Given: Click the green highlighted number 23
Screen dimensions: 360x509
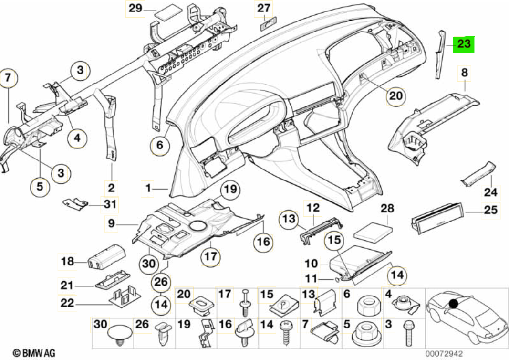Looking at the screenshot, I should tap(463, 44).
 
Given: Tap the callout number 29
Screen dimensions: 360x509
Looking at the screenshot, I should tap(135, 9).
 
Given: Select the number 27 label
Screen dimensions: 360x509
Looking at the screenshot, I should tap(263, 8).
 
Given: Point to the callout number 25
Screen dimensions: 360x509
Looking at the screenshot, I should tap(490, 210).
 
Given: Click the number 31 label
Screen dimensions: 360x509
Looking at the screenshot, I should tap(110, 205).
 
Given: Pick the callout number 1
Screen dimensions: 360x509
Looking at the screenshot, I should tap(149, 190).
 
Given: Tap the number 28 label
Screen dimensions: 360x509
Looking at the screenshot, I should tap(388, 209).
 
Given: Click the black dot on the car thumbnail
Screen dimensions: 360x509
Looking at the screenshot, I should tap(453, 302).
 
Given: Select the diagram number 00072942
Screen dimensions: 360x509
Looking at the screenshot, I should tap(444, 353).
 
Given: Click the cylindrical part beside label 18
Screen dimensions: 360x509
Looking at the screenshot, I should tap(105, 256).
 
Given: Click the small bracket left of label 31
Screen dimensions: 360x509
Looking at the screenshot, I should tap(76, 203).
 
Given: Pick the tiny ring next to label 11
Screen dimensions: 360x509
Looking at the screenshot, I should tap(337, 279).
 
